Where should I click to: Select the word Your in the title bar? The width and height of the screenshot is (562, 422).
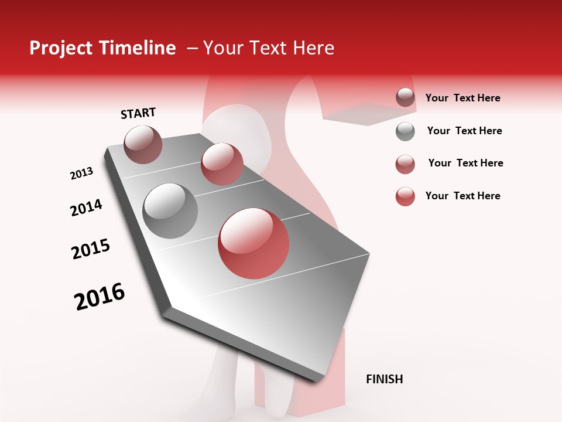224,48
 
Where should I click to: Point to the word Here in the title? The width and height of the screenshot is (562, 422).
313,48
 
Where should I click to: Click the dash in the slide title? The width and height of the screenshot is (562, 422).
192,48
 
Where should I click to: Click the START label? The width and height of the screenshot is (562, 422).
138,113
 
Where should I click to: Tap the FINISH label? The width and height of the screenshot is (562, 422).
384,379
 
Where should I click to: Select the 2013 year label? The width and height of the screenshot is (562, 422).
81,173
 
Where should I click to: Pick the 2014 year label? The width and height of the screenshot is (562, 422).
86,208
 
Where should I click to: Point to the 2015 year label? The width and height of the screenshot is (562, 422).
91,249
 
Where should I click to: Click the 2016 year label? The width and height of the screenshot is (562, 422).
100,297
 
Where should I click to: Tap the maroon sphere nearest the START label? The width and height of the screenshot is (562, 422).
143,144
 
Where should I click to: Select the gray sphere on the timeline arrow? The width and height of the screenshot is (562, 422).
170,211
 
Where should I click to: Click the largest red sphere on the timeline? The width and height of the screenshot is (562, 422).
253,243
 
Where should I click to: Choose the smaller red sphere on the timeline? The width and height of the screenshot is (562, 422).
222,164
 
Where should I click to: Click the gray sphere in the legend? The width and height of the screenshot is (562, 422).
405,131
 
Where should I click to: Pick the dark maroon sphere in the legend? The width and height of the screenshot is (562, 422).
405,97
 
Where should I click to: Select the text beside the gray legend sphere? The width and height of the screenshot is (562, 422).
464,131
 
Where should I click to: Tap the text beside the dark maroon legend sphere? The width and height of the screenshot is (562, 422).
462,98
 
